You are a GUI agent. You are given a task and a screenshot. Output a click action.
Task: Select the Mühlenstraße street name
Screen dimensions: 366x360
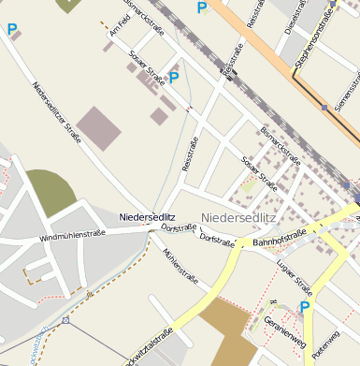180,266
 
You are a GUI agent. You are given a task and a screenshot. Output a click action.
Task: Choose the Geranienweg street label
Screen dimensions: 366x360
285,329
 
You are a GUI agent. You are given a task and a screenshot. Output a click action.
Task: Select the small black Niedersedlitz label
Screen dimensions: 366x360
147,217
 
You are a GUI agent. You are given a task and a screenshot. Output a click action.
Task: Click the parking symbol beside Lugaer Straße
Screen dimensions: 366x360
304,306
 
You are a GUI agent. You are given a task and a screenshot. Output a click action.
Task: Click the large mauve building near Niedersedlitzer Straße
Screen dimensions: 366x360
98,128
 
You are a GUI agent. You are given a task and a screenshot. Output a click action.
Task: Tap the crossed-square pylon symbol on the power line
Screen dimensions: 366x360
65,320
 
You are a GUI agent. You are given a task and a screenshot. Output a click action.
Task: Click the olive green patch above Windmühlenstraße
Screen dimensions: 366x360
50,191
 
